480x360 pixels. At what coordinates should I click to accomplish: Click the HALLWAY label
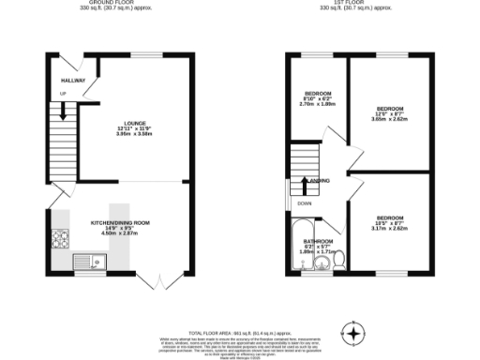coord(72,81)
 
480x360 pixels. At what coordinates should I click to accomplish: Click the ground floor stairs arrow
coord(63,110)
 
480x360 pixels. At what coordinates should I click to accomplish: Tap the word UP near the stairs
coord(63,94)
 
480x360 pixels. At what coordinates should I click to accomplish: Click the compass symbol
coord(354,333)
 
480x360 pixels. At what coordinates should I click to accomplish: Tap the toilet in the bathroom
coord(339,258)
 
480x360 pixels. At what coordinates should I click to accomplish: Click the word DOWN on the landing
coord(303,202)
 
